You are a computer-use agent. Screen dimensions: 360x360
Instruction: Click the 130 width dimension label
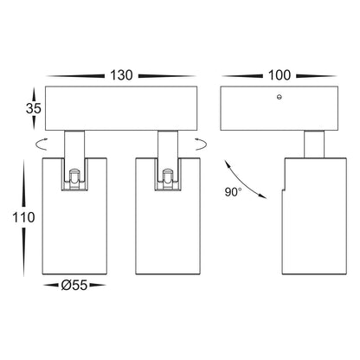point(121,75)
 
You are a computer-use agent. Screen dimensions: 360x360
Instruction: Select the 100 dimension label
point(280,75)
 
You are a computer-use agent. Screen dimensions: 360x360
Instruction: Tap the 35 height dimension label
point(34,108)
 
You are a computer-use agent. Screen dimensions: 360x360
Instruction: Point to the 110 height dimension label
point(23,217)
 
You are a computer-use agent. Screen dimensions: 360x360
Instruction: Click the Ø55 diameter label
point(74,286)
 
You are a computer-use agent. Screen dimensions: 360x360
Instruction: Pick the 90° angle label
point(233,192)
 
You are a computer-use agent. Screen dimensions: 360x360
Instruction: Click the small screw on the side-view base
point(279,97)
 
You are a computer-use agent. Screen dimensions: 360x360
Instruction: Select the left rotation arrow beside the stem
point(41,145)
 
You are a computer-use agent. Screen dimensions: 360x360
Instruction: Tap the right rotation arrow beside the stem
point(202,145)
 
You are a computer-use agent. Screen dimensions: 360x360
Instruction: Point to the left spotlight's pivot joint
point(74,179)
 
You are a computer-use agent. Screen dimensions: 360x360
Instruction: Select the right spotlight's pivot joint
point(168,179)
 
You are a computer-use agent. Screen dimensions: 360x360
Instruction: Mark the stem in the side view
point(314,145)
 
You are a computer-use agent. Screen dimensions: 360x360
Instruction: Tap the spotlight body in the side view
point(314,216)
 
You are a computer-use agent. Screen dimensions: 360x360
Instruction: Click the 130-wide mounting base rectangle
point(121,108)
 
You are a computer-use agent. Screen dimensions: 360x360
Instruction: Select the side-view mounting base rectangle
point(280,108)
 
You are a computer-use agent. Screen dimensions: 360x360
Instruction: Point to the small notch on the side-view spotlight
point(283,190)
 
